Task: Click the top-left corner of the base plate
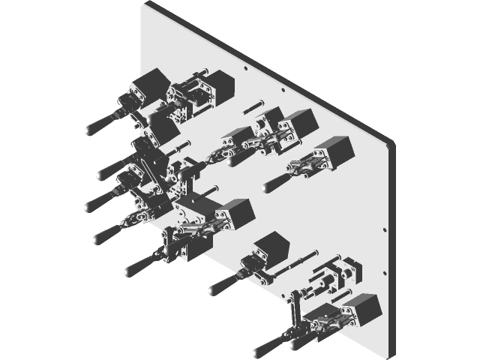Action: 145,5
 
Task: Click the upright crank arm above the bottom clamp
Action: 295,304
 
